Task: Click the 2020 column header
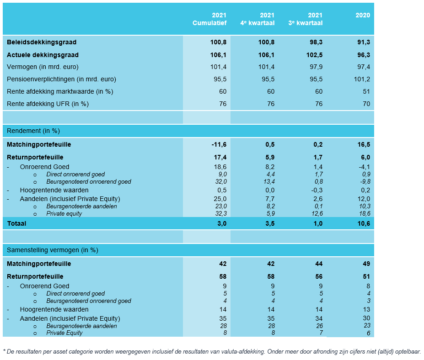tap(363, 15)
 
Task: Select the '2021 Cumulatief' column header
tap(209, 19)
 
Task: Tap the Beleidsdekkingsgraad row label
tap(42, 42)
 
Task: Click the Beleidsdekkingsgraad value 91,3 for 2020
tap(364, 42)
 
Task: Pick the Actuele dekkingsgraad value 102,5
tap(315, 55)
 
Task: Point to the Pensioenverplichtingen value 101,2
tap(362, 79)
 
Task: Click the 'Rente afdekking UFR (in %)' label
tap(48, 104)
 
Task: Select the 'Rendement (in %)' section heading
tap(33, 131)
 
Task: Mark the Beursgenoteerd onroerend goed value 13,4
tap(268, 182)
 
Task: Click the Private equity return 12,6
tap(316, 213)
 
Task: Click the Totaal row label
tap(16, 223)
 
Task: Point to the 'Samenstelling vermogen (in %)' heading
tap(53, 250)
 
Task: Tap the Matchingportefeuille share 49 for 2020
tap(366, 264)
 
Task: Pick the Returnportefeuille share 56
tap(318, 276)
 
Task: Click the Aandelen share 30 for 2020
tap(366, 318)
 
